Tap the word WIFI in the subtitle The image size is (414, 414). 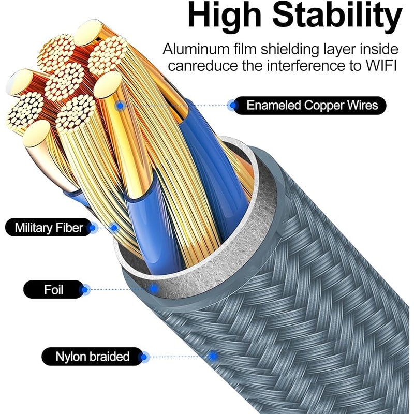(x=381, y=65)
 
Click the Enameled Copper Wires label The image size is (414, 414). (x=309, y=106)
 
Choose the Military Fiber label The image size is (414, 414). (x=49, y=228)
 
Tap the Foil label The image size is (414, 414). (x=54, y=290)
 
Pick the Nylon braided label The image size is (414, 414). (x=92, y=357)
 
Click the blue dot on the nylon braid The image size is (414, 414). (x=213, y=356)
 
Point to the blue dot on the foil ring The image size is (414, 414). (x=154, y=289)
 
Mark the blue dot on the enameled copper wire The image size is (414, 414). (x=120, y=106)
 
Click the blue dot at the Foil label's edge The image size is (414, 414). (x=85, y=290)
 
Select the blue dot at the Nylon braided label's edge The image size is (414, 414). (x=144, y=357)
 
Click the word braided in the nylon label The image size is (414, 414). (x=109, y=357)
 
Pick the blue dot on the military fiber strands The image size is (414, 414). (x=114, y=228)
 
